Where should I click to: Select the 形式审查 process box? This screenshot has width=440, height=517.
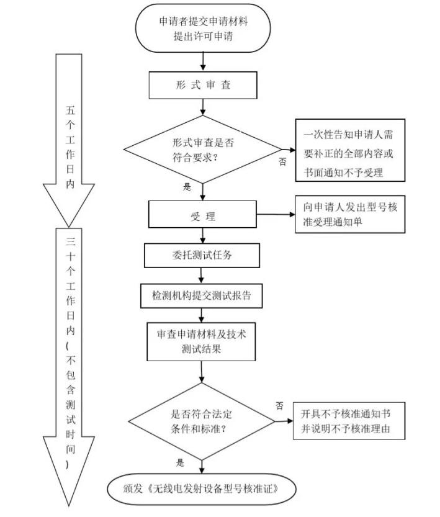pyautogui.click(x=202, y=85)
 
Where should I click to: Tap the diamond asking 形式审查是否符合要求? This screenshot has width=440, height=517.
pyautogui.click(x=201, y=149)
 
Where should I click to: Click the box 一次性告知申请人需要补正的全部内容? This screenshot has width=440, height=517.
pyautogui.click(x=349, y=150)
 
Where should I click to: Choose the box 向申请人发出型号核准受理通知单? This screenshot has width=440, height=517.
pyautogui.click(x=349, y=215)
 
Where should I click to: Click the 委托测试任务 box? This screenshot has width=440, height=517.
pyautogui.click(x=202, y=254)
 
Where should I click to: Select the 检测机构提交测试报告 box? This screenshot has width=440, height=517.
pyautogui.click(x=202, y=296)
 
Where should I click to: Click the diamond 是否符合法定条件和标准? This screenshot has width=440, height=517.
pyautogui.click(x=202, y=421)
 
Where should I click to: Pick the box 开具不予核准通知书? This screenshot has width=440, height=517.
pyautogui.click(x=349, y=421)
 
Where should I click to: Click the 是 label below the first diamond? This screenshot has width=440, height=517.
pyautogui.click(x=187, y=186)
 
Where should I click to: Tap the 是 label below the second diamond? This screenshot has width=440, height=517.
pyautogui.click(x=181, y=462)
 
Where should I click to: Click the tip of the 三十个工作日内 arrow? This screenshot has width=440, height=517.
pyautogui.click(x=68, y=504)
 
